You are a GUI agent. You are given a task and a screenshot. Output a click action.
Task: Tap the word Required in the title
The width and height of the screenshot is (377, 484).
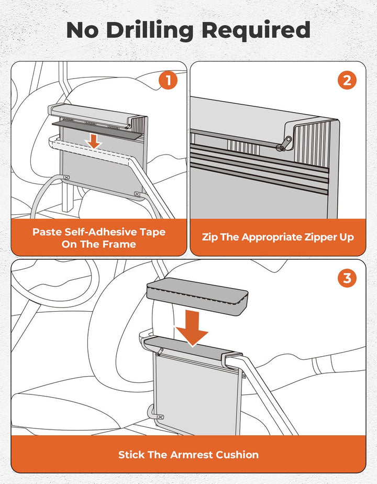pyautogui.click(x=256, y=30)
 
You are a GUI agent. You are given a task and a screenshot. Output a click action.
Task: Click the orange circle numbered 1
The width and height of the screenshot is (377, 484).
pyautogui.click(x=168, y=81)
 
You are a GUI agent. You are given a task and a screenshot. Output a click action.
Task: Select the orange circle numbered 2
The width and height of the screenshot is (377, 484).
pyautogui.click(x=347, y=81)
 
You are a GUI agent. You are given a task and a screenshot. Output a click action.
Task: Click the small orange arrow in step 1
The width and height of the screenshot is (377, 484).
pyautogui.click(x=94, y=141)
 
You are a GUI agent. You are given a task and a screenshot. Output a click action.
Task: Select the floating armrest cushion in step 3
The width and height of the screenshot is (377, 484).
pyautogui.click(x=197, y=296)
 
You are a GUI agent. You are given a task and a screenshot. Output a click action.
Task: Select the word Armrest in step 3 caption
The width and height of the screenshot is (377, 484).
pyautogui.click(x=192, y=455)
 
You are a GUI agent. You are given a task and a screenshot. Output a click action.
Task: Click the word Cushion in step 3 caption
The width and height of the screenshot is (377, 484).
pyautogui.click(x=237, y=455)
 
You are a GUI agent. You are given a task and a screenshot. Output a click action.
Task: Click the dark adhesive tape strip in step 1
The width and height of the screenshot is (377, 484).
pyautogui.click(x=97, y=129)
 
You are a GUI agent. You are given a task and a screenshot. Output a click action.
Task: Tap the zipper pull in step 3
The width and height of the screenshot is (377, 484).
pyautogui.click(x=160, y=351)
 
